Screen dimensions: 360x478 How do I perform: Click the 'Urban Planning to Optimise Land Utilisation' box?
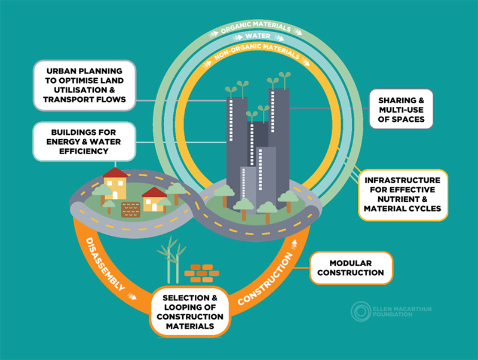pos(84,85)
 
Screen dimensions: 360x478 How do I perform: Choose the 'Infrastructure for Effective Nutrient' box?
pos(402,194)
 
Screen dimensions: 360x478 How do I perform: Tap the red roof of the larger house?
pos(115,173)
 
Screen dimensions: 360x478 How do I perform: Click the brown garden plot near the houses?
pos(131,208)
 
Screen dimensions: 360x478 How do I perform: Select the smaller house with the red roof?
pos(154,200)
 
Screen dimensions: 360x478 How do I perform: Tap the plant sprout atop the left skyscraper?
pos(232,90)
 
